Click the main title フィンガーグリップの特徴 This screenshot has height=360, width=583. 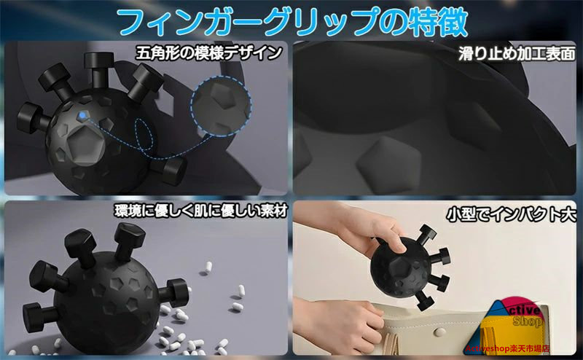[x=292, y=22]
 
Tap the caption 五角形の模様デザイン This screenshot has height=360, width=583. [x=208, y=52]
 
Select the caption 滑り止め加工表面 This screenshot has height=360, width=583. [x=517, y=53]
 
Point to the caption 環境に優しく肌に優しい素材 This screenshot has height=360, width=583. [x=201, y=211]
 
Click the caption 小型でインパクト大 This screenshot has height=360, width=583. [x=512, y=214]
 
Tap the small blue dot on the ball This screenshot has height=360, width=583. [x=82, y=116]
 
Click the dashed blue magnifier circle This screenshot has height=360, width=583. [x=221, y=106]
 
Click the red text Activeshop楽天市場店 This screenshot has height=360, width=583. [x=506, y=348]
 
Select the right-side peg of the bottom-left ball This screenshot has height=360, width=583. [x=174, y=292]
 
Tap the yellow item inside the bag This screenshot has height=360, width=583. [x=495, y=334]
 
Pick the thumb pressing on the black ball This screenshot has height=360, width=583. [x=397, y=245]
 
